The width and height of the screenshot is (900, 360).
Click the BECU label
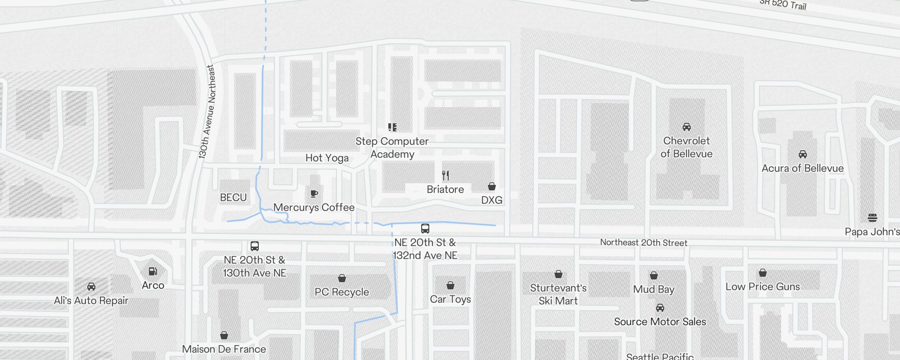(233, 198)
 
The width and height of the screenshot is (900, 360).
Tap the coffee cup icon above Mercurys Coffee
(314, 194)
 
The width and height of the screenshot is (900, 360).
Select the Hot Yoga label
(327, 158)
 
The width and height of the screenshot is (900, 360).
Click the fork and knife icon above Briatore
(445, 175)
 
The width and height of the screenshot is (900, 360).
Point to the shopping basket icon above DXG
(492, 186)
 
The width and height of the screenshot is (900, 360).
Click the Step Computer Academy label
(392, 148)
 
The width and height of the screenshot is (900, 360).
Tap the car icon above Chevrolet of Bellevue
(687, 127)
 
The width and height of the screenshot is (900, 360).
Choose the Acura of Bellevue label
(802, 168)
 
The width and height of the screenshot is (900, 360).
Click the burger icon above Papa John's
(873, 218)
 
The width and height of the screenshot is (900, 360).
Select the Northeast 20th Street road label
(643, 243)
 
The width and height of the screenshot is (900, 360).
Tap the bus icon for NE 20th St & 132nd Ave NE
(425, 228)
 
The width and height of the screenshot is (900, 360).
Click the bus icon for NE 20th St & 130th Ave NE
(255, 246)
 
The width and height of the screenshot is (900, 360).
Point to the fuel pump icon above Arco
(153, 271)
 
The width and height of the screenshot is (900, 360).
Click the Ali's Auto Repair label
(91, 301)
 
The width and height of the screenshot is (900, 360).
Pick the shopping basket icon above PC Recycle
(342, 278)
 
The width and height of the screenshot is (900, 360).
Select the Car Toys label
(450, 299)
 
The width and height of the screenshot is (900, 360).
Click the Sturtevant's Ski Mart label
(558, 294)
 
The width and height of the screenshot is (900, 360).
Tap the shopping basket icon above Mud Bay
(654, 275)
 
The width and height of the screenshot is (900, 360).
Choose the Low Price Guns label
(763, 287)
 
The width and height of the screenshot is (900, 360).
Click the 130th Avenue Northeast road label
(207, 112)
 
